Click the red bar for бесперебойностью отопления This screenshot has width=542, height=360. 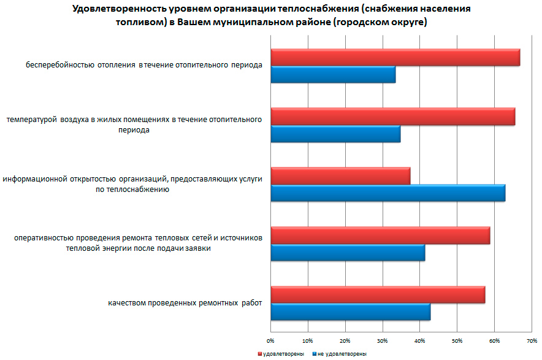(395, 58)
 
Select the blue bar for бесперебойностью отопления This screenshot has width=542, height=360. (332, 75)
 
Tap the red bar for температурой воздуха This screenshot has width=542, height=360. (392, 117)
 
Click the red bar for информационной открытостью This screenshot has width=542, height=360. (340, 176)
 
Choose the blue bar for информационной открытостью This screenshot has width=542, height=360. (387, 193)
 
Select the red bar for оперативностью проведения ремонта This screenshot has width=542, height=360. (380, 236)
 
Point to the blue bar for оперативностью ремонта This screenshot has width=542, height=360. (347, 253)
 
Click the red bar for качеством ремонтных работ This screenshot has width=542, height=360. (378, 295)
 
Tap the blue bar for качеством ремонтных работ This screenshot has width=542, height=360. (350, 312)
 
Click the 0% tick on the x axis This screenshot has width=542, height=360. (270, 340)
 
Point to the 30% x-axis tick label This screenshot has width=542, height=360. (382, 340)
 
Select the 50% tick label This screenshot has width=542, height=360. (457, 340)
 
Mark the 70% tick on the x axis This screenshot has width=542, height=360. (532, 340)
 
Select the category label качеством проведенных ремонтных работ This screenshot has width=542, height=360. (185, 304)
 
